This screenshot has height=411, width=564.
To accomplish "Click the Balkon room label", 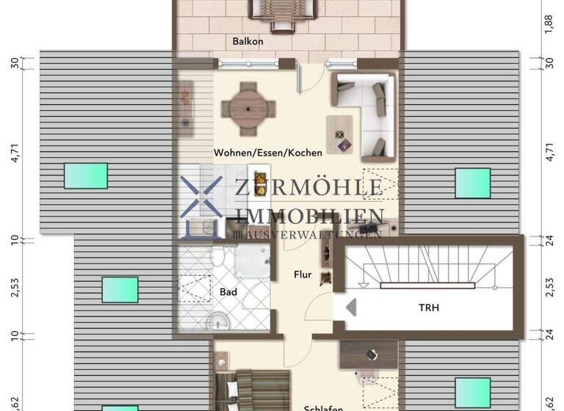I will [x=247, y=42].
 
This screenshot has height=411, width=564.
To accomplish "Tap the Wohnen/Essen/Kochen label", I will [x=268, y=153].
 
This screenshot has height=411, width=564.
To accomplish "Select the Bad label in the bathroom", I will [x=228, y=292].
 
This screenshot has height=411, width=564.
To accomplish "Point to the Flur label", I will [x=302, y=275].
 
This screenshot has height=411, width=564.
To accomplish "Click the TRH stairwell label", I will [x=430, y=308].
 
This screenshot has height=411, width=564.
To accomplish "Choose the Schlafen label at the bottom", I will [x=323, y=407].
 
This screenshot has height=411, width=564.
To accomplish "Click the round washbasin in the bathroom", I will [x=218, y=321].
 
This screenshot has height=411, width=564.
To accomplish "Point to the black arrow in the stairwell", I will [x=350, y=307].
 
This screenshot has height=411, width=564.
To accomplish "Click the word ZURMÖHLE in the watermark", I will [x=308, y=188].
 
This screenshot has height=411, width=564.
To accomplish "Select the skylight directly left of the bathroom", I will [x=120, y=289].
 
